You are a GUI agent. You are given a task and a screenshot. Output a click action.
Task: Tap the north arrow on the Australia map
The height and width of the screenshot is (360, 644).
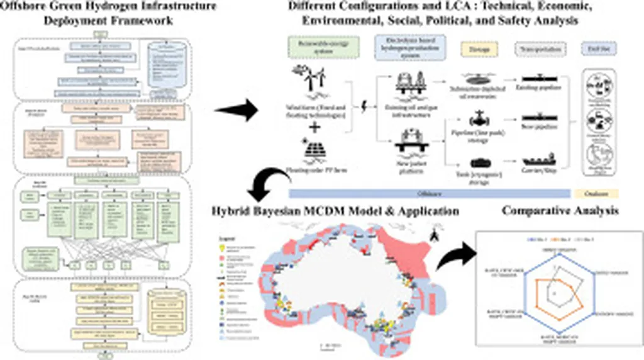(433, 237)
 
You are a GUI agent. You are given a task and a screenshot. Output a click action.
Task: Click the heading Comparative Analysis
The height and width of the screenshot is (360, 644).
(560, 211)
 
